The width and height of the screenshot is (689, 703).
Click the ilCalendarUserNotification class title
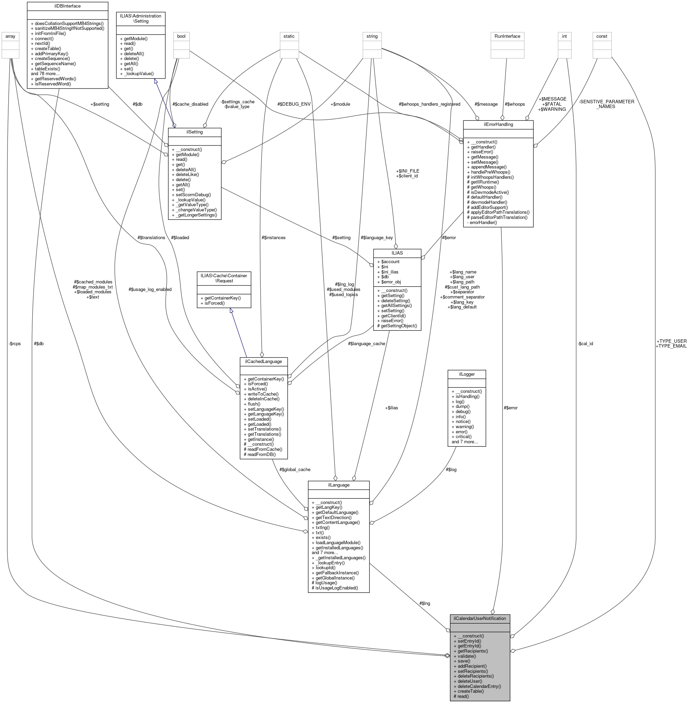coord(479,618)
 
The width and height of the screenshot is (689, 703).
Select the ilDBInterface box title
coord(68,6)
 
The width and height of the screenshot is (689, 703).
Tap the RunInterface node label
coord(507,36)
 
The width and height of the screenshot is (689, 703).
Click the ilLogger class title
coord(466,374)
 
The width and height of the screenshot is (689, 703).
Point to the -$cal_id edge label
coord(585,343)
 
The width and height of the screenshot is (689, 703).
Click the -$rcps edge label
coord(14,343)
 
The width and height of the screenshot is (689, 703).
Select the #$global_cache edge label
coord(295,469)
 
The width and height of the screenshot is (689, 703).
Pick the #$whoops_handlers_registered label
coord(429,104)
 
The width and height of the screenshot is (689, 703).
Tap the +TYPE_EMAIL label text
coord(670,346)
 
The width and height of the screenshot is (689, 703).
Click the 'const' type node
coord(602,36)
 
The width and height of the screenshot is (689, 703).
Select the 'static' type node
coord(289,36)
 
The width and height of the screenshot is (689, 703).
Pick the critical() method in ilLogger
coord(464,436)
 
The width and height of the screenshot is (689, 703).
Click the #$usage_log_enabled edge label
coord(150,290)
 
